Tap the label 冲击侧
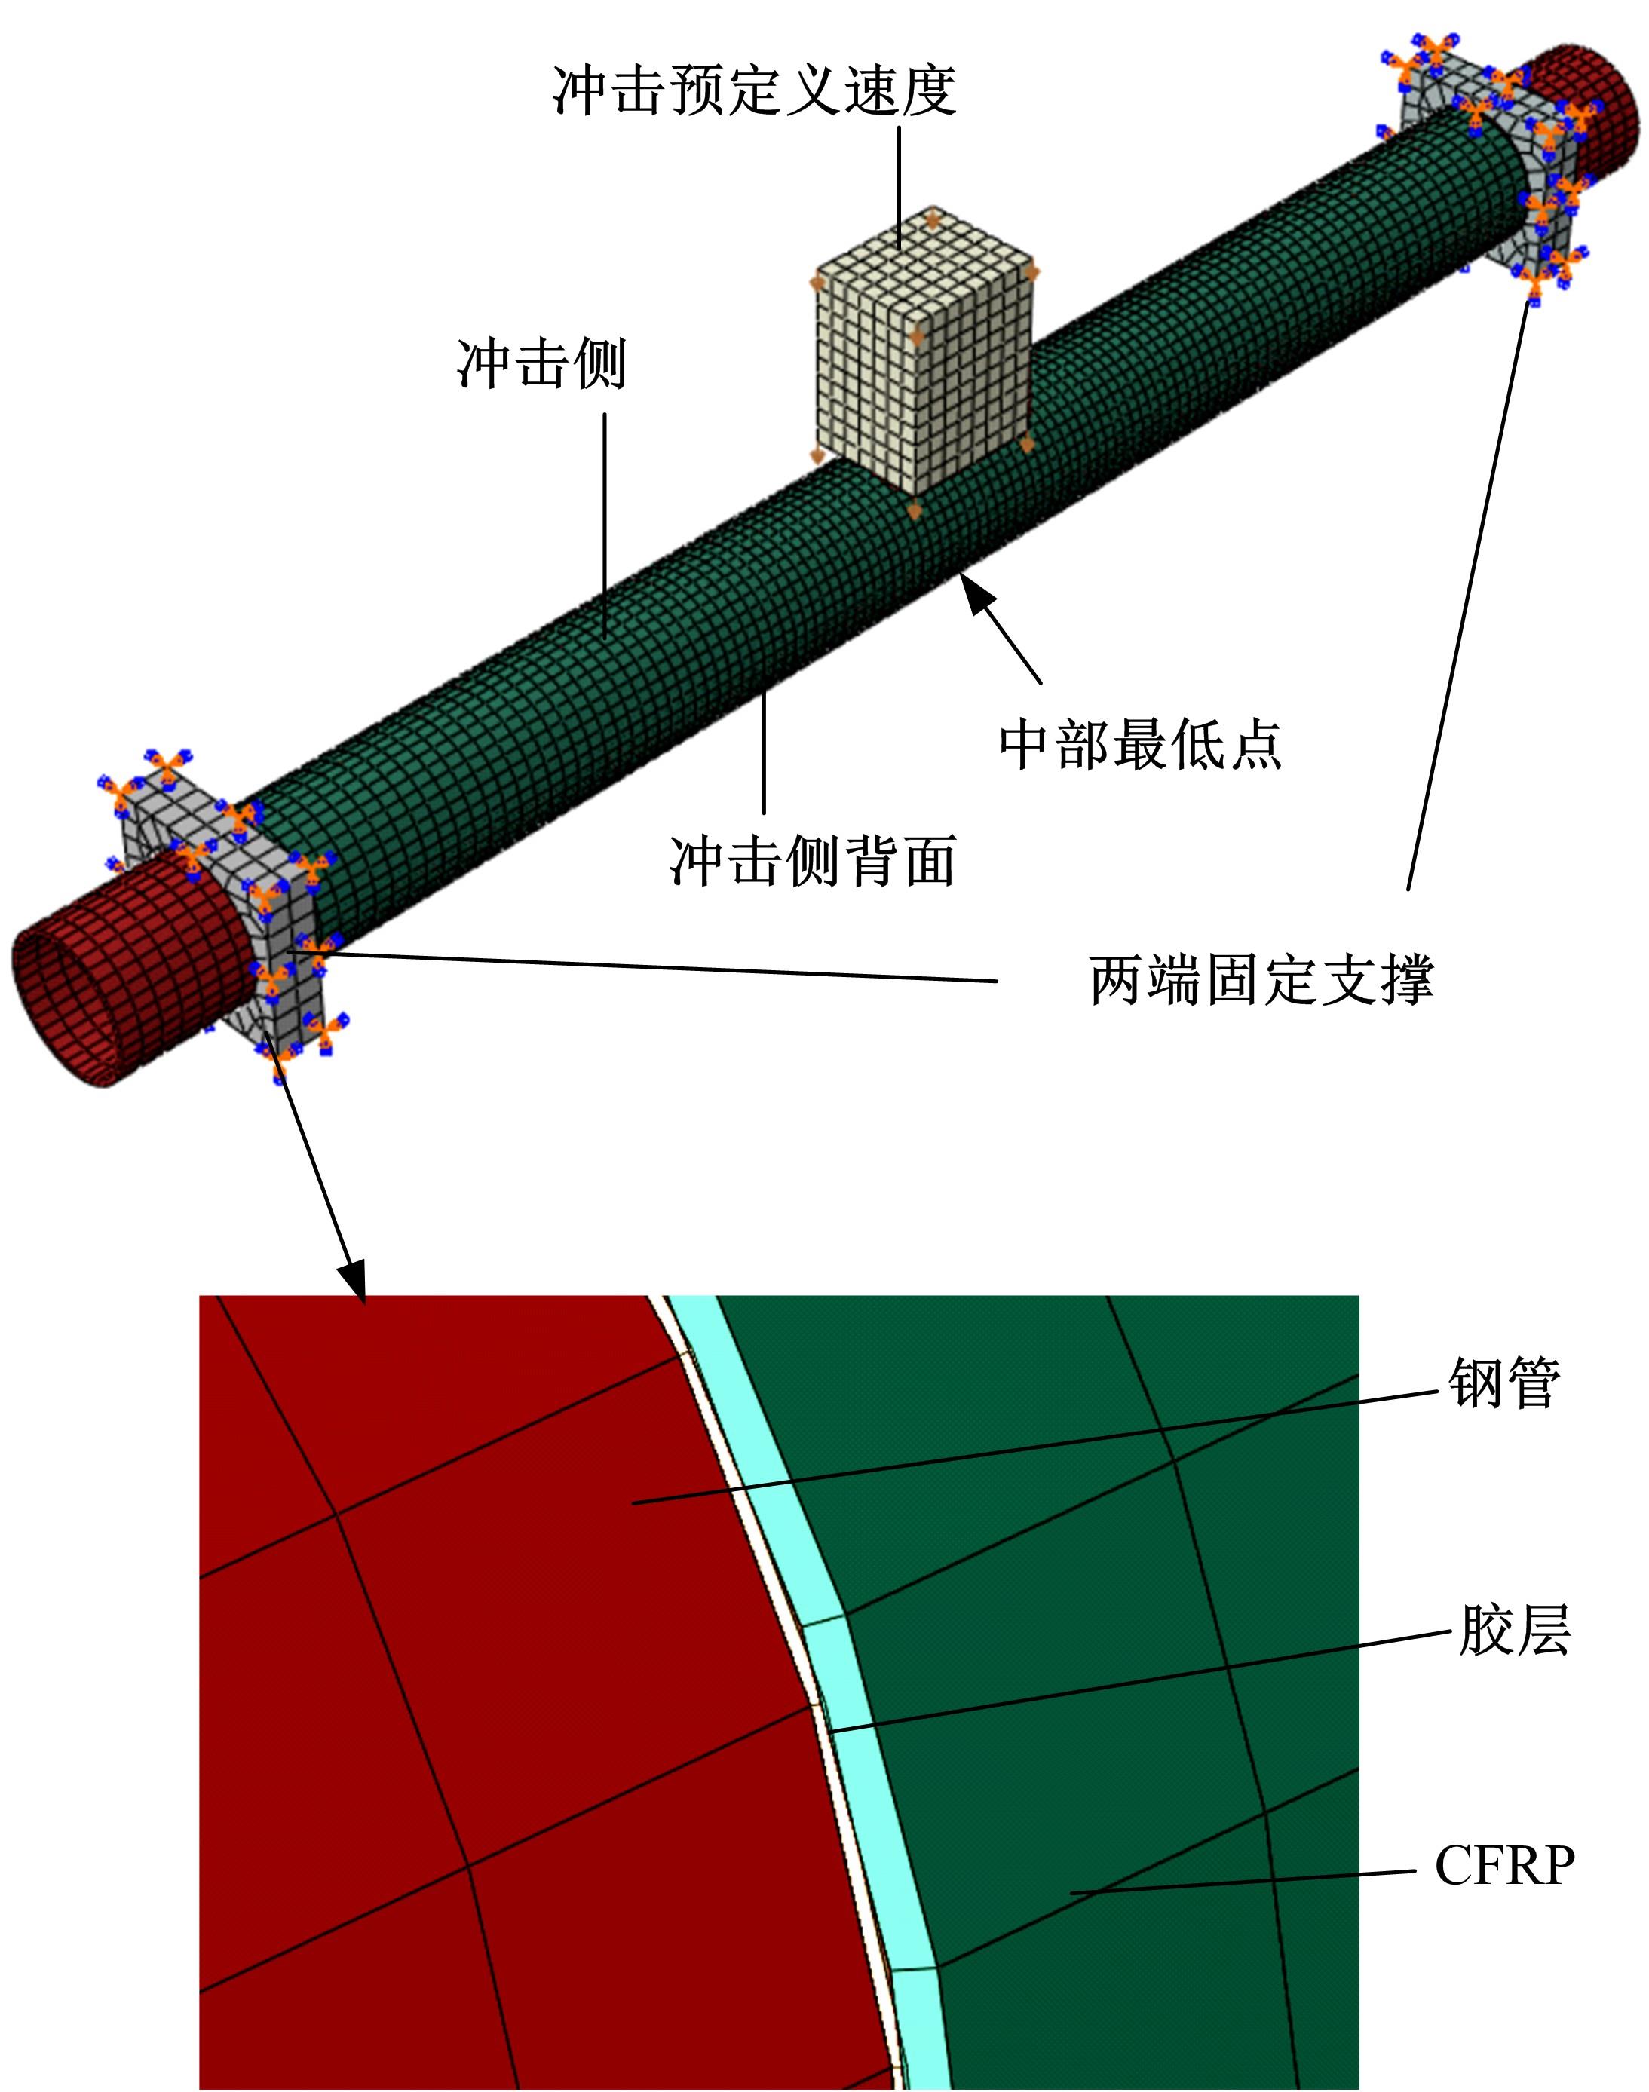541,364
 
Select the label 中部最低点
1139,743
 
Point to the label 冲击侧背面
812,860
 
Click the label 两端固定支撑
1261,980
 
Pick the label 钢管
1504,1383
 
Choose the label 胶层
1513,1631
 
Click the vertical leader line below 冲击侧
605,522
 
